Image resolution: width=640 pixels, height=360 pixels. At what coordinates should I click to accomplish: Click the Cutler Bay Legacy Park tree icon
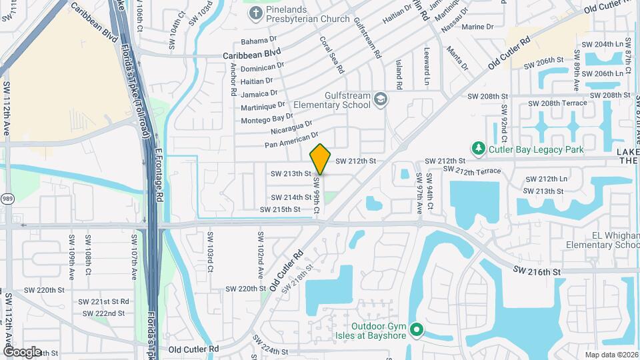(x=477, y=148)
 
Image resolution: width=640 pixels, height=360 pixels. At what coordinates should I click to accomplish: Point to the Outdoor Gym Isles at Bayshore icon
(x=417, y=329)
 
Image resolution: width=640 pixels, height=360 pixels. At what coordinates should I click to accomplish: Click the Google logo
(x=22, y=351)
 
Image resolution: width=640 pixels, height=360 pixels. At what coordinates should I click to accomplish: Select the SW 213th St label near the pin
(x=291, y=173)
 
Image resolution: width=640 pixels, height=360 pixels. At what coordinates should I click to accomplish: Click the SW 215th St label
(x=281, y=209)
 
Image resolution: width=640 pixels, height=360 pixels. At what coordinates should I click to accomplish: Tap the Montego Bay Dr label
(x=264, y=117)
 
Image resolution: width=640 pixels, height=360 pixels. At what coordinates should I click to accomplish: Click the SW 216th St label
(x=537, y=271)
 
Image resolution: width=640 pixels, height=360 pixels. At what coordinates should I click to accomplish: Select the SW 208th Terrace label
(x=557, y=103)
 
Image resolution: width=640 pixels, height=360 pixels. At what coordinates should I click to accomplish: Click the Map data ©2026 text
(x=611, y=355)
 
